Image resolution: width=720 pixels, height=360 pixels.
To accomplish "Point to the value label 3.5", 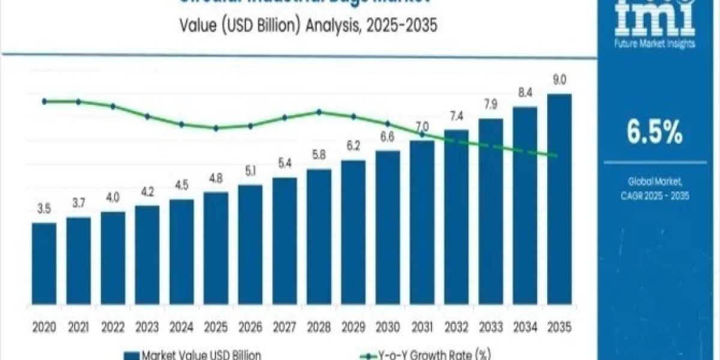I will click(44, 210).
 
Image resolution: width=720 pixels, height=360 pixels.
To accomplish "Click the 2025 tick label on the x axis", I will click(215, 327).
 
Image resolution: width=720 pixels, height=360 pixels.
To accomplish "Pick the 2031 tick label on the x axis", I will click(421, 327).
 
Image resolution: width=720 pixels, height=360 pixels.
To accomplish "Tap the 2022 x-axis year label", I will click(113, 327).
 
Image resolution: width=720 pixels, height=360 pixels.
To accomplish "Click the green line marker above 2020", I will click(44, 101).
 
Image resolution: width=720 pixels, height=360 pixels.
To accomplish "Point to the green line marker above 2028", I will click(319, 112).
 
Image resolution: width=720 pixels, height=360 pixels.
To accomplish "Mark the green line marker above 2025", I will click(216, 128).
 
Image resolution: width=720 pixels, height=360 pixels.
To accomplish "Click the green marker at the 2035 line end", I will click(556, 156).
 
